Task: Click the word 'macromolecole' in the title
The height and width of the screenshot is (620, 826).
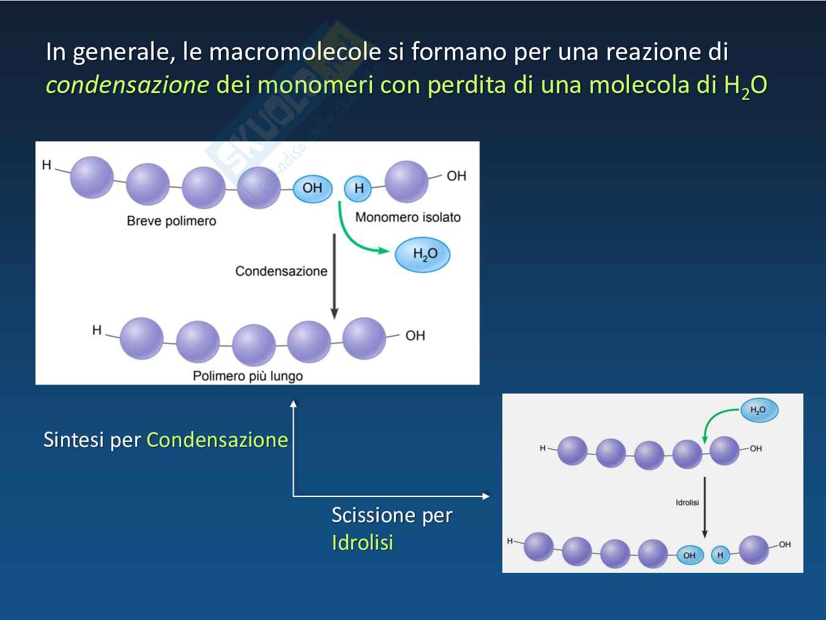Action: [x=295, y=51]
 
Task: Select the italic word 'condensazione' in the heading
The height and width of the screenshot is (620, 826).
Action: [x=127, y=84]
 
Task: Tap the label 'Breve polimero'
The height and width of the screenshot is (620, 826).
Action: [x=171, y=220]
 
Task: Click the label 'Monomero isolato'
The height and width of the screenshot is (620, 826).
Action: [x=408, y=217]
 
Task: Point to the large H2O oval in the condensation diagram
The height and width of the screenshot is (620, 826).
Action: [x=423, y=255]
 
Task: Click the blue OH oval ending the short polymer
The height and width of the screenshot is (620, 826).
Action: [x=312, y=189]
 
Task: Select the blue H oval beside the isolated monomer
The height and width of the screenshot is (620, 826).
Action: [x=358, y=188]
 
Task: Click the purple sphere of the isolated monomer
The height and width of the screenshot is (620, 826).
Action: [x=406, y=181]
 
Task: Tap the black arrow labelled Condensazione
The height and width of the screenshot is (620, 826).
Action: [x=334, y=276]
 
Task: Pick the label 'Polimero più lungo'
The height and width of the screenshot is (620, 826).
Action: [x=248, y=376]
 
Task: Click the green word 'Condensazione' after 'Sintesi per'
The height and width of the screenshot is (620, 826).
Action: [x=217, y=439]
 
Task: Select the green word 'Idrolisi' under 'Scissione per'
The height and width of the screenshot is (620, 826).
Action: [x=362, y=542]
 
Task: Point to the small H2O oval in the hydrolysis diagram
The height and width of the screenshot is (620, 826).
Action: [x=759, y=410]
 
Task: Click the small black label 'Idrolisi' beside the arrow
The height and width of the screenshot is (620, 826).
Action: [x=687, y=502]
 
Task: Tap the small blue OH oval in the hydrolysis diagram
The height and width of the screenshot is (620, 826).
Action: [x=690, y=555]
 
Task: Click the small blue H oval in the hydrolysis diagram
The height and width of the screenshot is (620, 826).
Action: [x=720, y=555]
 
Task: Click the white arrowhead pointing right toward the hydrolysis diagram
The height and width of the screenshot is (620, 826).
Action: [x=486, y=496]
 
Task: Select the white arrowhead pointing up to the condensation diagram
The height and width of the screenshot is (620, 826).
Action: [x=294, y=403]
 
